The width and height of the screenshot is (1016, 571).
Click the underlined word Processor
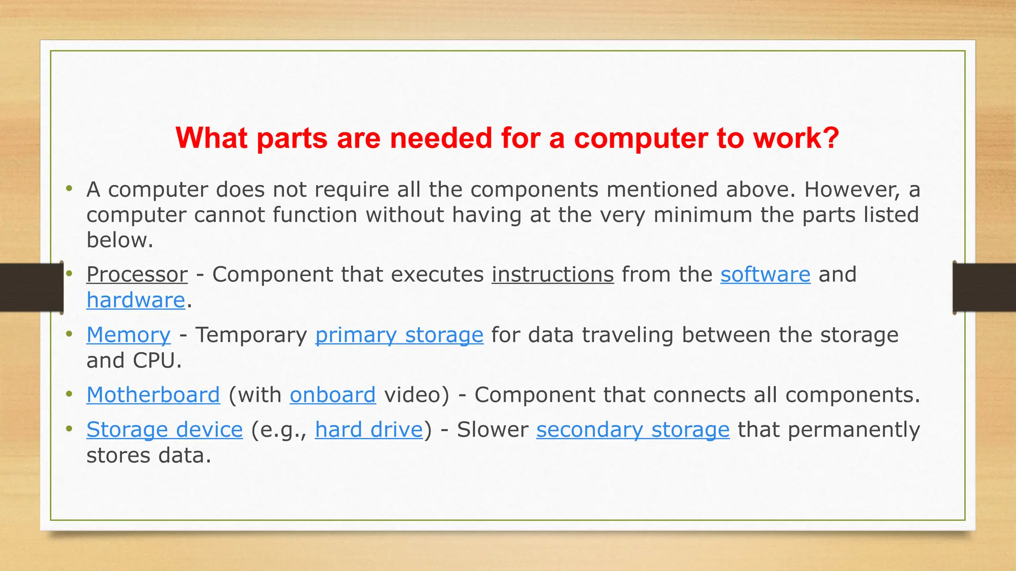(137, 275)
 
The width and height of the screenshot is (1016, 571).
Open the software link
(765, 275)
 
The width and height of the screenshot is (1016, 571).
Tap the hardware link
(135, 300)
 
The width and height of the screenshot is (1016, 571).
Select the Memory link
(128, 335)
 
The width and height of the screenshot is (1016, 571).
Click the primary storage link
(399, 335)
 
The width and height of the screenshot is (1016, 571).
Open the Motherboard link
(153, 395)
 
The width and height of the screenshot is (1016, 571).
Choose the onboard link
(332, 395)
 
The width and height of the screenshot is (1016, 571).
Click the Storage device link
(164, 430)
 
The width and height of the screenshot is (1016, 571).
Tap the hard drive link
(369, 430)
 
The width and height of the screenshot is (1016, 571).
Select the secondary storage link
(633, 430)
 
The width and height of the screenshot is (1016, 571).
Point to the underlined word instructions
(553, 275)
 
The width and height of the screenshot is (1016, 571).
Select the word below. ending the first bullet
(120, 240)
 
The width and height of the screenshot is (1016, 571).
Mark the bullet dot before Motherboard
(69, 395)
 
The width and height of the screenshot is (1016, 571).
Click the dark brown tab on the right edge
(984, 287)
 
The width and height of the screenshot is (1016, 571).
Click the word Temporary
(251, 335)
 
